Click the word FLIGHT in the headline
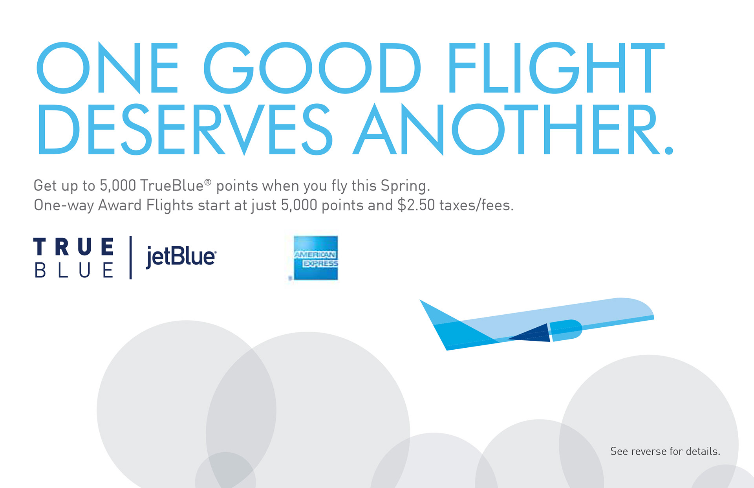tap(556, 68)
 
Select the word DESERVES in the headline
tap(185, 129)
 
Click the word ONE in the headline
tap(107, 68)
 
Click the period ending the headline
tap(669, 150)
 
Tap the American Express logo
tap(315, 258)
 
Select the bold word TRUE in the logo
tap(74, 246)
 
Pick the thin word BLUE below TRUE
tap(74, 270)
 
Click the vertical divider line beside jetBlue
tap(130, 257)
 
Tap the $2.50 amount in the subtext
tap(416, 205)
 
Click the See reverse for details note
tap(665, 451)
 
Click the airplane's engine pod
tap(565, 330)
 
